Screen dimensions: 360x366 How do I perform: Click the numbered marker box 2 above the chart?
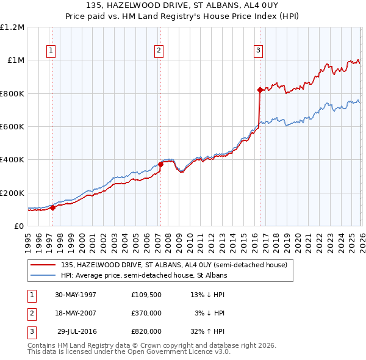[x=159, y=51]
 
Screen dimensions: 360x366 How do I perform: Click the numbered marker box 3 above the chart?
[x=258, y=51]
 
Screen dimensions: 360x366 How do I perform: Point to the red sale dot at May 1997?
[x=52, y=207]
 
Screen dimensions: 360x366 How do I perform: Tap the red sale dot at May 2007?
[x=161, y=164]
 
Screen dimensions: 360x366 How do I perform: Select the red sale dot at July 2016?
[x=260, y=90]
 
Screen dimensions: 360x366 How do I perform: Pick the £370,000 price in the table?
[x=146, y=313]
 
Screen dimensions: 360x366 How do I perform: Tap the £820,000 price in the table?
[x=146, y=331]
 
